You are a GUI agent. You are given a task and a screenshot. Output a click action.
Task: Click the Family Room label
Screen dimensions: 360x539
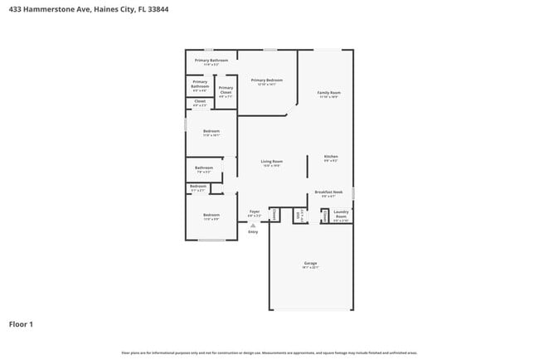tap(329, 94)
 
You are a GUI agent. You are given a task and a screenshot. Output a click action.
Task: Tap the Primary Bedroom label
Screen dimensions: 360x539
tap(266, 81)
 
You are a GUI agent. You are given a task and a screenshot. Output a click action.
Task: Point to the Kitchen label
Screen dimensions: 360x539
tap(331, 158)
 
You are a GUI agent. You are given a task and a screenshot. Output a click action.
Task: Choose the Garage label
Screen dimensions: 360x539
tap(310, 265)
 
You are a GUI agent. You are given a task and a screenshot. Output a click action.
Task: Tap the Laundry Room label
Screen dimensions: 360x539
tap(341, 215)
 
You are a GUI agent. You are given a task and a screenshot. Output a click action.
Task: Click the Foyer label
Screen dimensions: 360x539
tap(255, 212)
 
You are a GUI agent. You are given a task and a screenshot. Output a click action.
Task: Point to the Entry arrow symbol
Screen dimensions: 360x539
tap(253, 225)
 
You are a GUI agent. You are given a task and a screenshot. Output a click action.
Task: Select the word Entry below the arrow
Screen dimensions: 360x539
tap(253, 231)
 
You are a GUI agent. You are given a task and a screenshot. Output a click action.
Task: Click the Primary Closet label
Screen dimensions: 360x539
tap(226, 90)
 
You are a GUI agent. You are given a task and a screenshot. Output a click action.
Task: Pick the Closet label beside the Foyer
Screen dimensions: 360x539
tap(274, 215)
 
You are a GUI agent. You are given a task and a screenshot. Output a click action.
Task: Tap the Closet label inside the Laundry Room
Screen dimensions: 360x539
tap(325, 216)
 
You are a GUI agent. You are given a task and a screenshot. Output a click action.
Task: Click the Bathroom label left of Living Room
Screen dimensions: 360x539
tap(204, 169)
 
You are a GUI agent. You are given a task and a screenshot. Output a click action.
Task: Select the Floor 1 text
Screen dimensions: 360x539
tap(21, 324)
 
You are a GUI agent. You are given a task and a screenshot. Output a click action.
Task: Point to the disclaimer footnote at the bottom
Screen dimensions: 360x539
tap(269, 353)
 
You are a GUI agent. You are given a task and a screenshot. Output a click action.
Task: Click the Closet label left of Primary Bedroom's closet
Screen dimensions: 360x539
tap(200, 103)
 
